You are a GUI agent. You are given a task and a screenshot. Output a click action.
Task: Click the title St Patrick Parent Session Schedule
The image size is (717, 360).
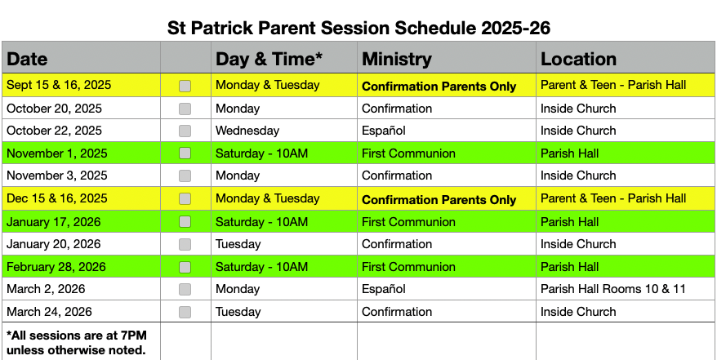click(358, 27)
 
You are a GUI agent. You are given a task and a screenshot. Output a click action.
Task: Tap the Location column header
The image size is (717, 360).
click(578, 59)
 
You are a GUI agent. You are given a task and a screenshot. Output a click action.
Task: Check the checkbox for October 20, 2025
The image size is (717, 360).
click(185, 109)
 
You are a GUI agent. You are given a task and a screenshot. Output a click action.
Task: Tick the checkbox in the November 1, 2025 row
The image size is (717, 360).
click(185, 153)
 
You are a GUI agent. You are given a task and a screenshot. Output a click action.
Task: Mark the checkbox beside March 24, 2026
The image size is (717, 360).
click(185, 312)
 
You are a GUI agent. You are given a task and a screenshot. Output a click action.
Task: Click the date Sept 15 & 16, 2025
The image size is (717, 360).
click(58, 85)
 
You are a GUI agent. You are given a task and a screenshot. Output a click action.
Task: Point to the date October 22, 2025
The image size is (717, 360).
click(54, 131)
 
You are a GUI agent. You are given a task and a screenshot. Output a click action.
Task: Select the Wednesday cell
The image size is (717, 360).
click(247, 131)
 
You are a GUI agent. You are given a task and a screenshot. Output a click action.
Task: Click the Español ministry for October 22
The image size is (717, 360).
click(384, 131)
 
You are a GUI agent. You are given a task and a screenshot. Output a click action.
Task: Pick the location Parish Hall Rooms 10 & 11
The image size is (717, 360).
click(613, 289)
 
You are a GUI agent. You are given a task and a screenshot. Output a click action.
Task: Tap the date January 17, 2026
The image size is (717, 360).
click(55, 222)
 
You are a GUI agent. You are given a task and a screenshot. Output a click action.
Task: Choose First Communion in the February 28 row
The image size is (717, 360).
click(408, 267)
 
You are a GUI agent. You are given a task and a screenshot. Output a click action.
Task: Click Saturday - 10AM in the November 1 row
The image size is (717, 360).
click(261, 153)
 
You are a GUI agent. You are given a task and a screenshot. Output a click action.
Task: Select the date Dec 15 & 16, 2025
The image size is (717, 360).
click(56, 198)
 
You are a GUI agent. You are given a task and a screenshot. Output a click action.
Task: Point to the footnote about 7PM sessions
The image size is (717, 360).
click(76, 342)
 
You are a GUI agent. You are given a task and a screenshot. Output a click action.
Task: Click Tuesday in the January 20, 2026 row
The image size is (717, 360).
click(238, 244)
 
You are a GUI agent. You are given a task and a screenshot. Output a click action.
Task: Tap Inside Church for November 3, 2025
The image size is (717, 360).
click(578, 176)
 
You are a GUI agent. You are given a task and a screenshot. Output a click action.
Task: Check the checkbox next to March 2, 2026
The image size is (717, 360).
click(185, 289)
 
